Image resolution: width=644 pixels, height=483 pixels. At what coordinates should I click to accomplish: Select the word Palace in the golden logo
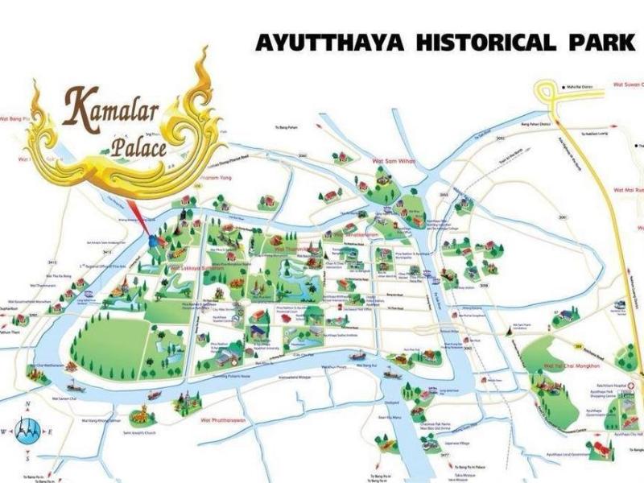tap(138, 147)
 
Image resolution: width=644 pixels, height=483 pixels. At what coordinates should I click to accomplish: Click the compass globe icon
tap(27, 427)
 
